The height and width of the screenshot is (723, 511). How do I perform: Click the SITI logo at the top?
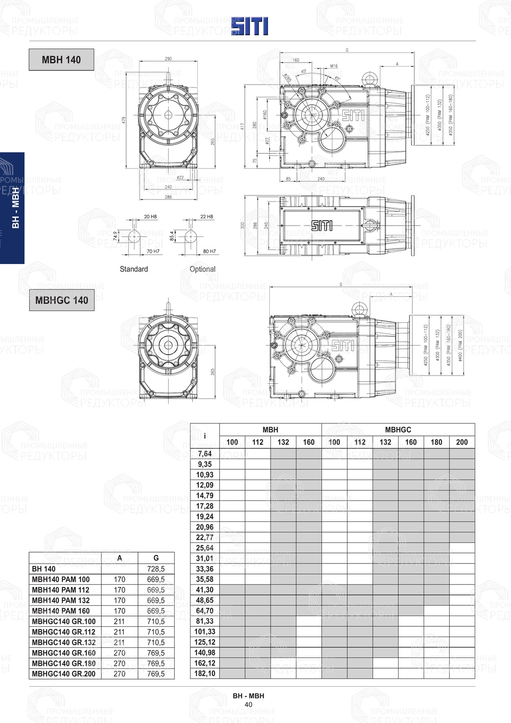249,26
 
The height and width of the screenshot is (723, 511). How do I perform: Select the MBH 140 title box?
61,59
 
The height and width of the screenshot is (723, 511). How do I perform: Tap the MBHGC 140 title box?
61,300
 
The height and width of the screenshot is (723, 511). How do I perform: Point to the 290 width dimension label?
168,59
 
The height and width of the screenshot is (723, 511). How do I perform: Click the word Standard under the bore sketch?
134,269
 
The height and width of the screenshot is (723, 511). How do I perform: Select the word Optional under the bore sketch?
202,269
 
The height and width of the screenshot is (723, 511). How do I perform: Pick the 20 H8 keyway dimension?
150,217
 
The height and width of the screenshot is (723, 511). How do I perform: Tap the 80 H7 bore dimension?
209,251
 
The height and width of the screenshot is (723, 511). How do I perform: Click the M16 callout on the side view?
334,67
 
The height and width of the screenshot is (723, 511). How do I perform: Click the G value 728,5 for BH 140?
156,569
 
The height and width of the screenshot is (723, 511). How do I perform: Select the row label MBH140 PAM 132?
61,600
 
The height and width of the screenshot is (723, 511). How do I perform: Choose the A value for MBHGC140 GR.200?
120,674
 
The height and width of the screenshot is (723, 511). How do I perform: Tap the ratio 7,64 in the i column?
204,454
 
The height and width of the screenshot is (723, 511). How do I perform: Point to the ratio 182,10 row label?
204,673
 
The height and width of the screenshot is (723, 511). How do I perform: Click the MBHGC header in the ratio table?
398,430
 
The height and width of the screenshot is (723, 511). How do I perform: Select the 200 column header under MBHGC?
462,442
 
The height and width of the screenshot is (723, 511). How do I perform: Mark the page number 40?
248,705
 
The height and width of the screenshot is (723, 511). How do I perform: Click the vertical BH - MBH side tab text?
16,208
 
